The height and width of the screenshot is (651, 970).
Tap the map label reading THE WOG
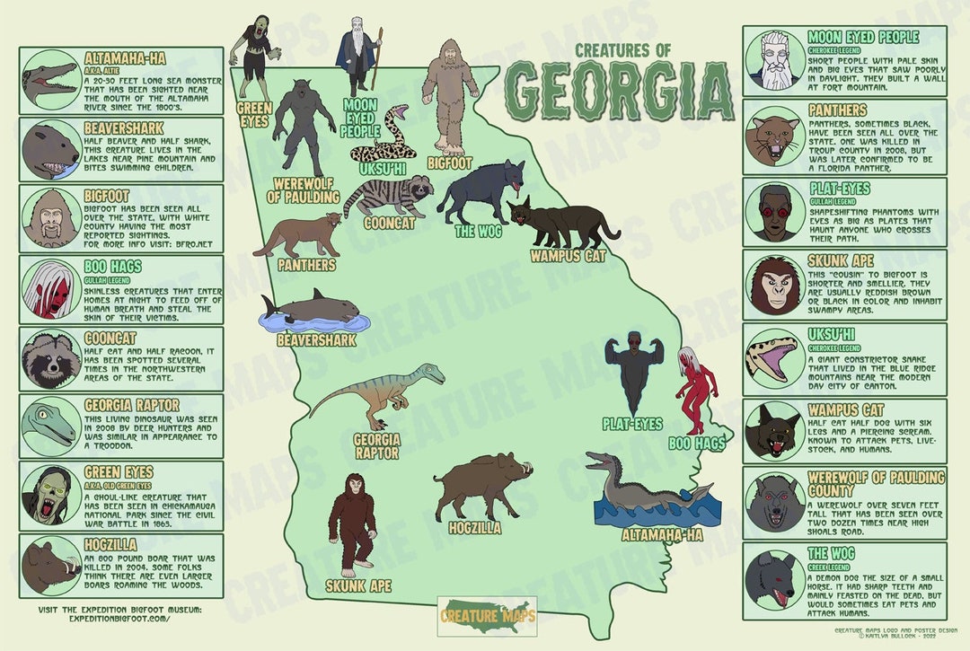pyautogui.click(x=477, y=231)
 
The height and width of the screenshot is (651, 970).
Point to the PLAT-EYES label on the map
pyautogui.click(x=631, y=423)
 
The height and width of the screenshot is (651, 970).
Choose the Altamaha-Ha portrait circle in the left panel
pyautogui.click(x=50, y=77)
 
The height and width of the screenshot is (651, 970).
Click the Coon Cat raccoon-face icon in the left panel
pyautogui.click(x=50, y=357)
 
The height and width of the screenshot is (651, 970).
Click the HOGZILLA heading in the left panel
pyautogui.click(x=110, y=544)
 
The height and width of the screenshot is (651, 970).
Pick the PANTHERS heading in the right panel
pyautogui.click(x=838, y=110)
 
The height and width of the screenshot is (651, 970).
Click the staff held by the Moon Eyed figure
pyautogui.click(x=379, y=57)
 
